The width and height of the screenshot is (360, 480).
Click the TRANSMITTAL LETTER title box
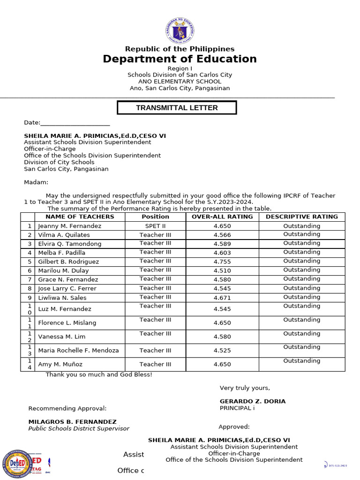(x=177, y=108)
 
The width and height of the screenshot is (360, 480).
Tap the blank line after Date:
(x=75, y=123)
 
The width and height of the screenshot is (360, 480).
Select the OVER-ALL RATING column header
(x=222, y=217)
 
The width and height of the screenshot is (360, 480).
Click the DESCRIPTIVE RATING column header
(x=301, y=217)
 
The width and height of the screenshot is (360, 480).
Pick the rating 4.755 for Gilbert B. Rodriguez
(x=222, y=262)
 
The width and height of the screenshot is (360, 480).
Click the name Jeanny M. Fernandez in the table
(x=69, y=226)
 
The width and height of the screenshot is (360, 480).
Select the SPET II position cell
(x=155, y=225)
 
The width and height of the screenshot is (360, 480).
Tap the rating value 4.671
(x=222, y=298)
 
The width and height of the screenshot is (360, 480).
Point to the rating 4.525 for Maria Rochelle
(x=222, y=351)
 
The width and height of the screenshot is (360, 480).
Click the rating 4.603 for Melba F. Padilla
(x=222, y=253)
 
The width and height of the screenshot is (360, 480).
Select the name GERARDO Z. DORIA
(x=253, y=401)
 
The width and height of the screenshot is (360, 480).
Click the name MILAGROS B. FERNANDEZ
(x=72, y=422)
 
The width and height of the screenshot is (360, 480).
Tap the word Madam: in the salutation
(x=36, y=182)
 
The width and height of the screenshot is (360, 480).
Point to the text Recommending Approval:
(x=67, y=408)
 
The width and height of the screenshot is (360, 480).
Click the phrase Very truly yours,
(x=245, y=388)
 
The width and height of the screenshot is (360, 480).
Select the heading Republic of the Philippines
(x=180, y=49)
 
